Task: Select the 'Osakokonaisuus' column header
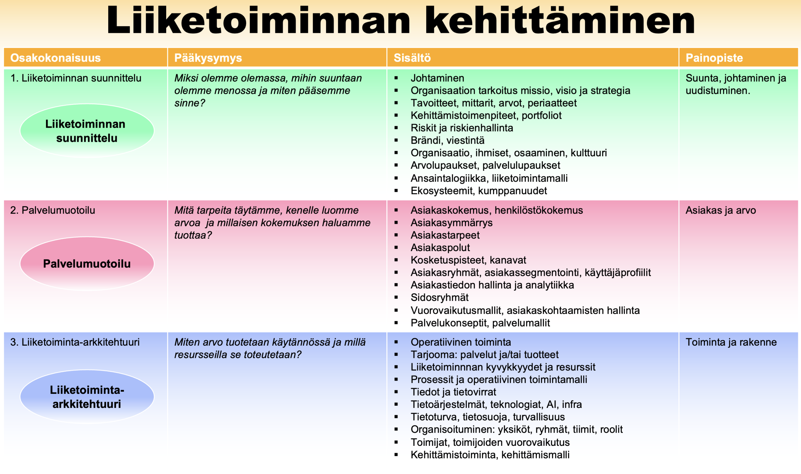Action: [x=55, y=58]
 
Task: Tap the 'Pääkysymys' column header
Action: [x=208, y=58]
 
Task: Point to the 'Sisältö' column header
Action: [x=412, y=58]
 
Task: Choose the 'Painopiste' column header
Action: [x=714, y=58]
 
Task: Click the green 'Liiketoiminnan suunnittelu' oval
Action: [x=87, y=131]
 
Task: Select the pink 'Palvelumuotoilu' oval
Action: [x=87, y=264]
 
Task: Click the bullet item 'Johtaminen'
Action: [x=437, y=78]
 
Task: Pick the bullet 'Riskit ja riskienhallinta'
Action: [x=462, y=128]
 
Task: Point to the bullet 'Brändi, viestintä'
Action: [x=447, y=140]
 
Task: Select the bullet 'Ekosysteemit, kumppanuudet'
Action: [x=478, y=191]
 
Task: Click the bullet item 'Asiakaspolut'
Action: [x=440, y=248]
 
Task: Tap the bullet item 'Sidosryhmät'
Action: [x=439, y=297]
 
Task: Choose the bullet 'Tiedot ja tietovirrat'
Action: [x=453, y=392]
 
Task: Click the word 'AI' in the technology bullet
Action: [x=551, y=404]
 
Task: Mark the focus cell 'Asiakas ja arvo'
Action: [x=720, y=210]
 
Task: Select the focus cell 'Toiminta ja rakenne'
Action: [x=731, y=342]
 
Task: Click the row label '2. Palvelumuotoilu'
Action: [x=53, y=210]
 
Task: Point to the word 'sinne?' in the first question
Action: [x=189, y=103]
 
